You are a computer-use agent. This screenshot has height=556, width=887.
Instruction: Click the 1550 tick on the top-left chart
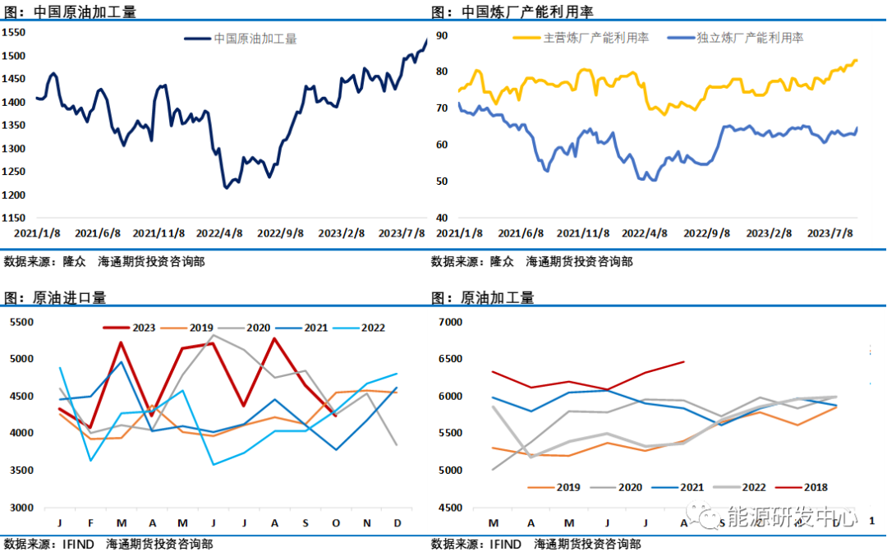click(14, 33)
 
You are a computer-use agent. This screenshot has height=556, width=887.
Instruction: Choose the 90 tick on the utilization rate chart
click(441, 35)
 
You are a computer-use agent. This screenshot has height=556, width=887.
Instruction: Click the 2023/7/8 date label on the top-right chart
click(831, 232)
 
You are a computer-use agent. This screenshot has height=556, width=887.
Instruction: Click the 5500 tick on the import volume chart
click(21, 322)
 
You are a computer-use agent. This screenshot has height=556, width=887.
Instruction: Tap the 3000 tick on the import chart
click(21, 508)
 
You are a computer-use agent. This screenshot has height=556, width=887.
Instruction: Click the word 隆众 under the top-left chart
click(75, 262)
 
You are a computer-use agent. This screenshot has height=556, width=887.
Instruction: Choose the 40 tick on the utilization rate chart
click(441, 218)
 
